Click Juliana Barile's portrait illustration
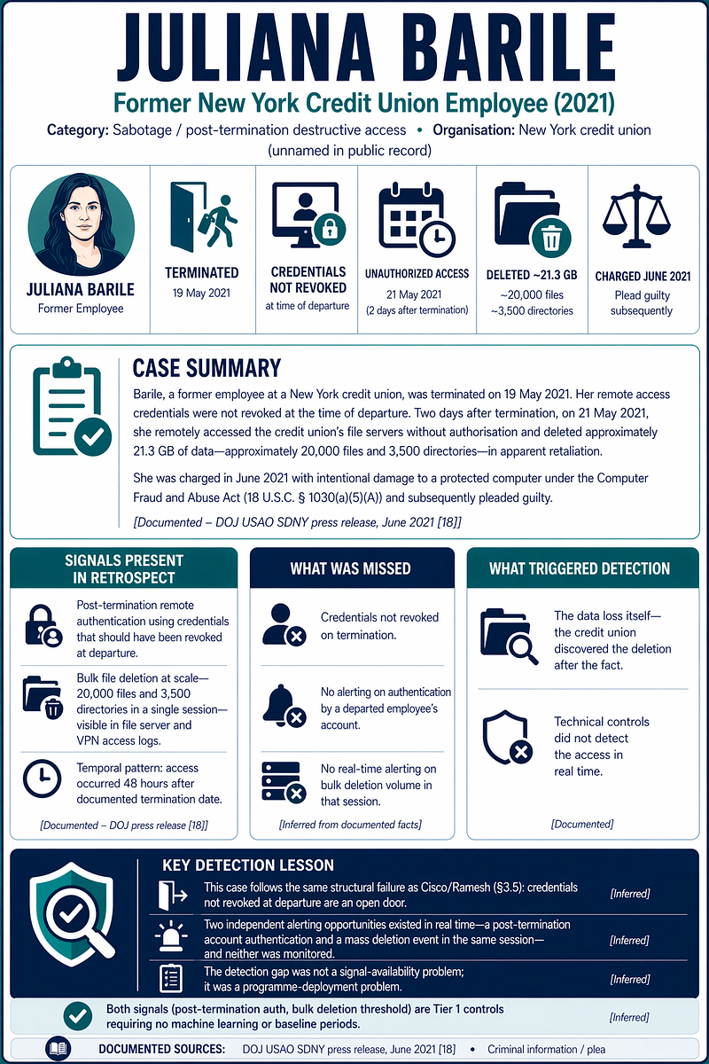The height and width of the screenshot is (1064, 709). pyautogui.click(x=82, y=224)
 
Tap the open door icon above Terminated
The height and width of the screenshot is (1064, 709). pyautogui.click(x=203, y=217)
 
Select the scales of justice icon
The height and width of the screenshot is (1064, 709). pyautogui.click(x=636, y=216)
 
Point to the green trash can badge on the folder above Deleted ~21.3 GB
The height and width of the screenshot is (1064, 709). pyautogui.click(x=551, y=238)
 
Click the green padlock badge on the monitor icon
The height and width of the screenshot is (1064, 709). pyautogui.click(x=330, y=230)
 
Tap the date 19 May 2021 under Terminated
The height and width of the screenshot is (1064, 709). pyautogui.click(x=201, y=293)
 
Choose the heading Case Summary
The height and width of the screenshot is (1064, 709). pyautogui.click(x=206, y=368)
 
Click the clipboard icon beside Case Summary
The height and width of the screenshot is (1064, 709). pyautogui.click(x=72, y=407)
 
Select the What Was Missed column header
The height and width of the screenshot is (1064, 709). pyautogui.click(x=350, y=568)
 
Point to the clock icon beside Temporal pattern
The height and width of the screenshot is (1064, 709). pyautogui.click(x=43, y=778)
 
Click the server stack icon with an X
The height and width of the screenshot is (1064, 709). pyautogui.click(x=284, y=782)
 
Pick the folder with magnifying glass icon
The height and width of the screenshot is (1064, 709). pyautogui.click(x=509, y=636)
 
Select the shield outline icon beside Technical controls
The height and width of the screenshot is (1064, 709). pyautogui.click(x=507, y=738)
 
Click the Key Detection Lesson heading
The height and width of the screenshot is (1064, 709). pyautogui.click(x=248, y=865)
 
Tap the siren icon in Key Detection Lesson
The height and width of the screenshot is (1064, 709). pyautogui.click(x=171, y=936)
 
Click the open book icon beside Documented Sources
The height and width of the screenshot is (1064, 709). pyautogui.click(x=58, y=1048)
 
